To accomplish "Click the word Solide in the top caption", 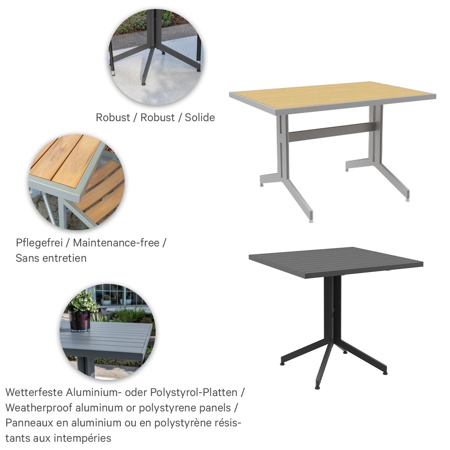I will coord(199,117).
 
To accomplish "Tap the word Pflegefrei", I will coord(39,243).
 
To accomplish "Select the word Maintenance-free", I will coord(116,243).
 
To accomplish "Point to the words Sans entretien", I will coord(51,258).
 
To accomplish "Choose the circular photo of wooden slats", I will coord(77,182).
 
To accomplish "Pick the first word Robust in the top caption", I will coord(113,117).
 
